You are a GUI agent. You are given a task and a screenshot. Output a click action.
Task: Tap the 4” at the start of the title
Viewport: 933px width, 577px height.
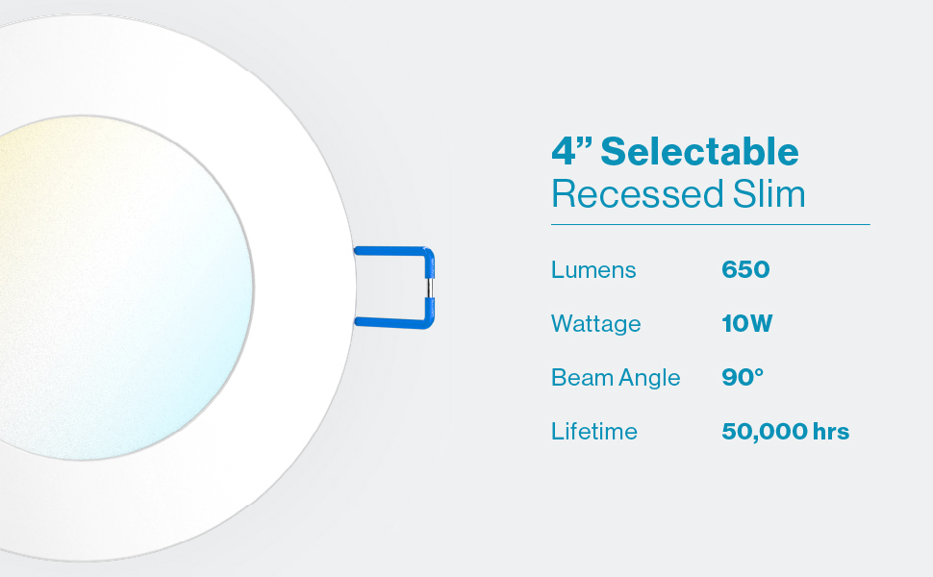570,151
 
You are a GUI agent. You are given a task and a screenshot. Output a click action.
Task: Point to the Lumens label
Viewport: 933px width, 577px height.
593,270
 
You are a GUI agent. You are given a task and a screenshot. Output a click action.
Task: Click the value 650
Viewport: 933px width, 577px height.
745,270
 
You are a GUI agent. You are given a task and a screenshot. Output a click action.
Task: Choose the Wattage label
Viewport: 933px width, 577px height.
595,324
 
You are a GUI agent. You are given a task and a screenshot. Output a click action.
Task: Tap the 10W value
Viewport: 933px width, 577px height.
746,324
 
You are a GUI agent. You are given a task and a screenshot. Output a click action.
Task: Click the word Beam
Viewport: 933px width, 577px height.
579,378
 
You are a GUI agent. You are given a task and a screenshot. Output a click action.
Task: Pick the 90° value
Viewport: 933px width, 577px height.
742,377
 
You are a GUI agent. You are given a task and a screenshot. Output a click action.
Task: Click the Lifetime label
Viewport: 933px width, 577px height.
593,432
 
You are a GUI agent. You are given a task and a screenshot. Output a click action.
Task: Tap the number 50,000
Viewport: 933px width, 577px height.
763,432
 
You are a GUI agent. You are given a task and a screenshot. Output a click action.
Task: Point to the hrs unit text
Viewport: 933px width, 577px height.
831,432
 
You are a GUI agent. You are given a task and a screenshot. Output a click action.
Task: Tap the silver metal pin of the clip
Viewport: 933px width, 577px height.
431,286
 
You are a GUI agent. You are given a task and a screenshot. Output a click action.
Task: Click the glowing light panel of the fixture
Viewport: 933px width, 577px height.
115,288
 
